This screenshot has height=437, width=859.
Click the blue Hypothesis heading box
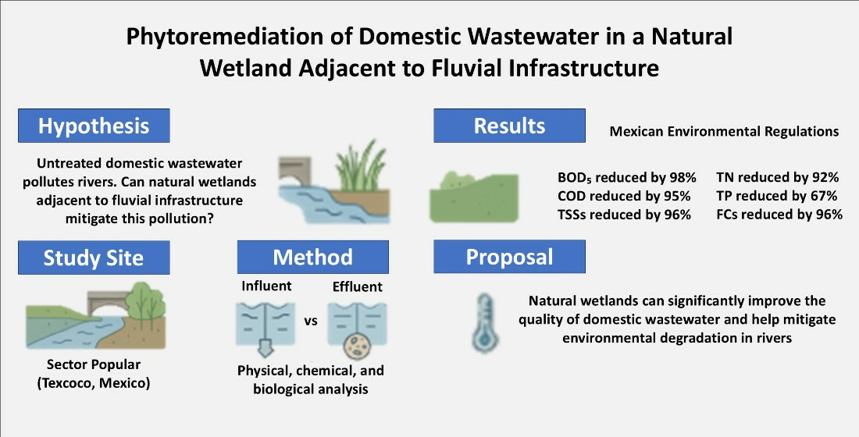point(94,126)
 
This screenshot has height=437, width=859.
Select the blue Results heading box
point(509,126)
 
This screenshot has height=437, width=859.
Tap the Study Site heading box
point(94,258)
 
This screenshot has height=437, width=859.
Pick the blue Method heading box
point(313,257)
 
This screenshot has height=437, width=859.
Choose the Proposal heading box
point(509,257)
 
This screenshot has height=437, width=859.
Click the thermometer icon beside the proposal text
point(484,323)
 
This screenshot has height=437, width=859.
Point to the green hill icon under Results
point(474,197)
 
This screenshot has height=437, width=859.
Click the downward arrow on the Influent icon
point(266,346)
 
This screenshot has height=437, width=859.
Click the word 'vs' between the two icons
point(311,322)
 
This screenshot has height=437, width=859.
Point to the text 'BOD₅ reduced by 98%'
point(627,177)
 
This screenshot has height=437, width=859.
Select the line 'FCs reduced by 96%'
point(779,215)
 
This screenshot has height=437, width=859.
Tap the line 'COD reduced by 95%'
point(624,196)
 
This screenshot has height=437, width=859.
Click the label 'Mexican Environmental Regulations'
point(724,132)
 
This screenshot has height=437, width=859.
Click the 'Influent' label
point(266,286)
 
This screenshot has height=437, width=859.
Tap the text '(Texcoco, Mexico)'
point(94,383)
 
